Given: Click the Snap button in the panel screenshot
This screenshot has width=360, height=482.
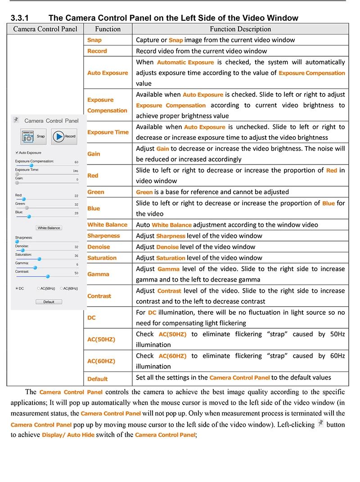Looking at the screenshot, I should [x=33, y=136].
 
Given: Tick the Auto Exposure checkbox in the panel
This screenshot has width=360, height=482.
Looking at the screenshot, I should [x=17, y=153].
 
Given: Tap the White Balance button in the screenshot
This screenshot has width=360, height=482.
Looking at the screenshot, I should [x=49, y=228].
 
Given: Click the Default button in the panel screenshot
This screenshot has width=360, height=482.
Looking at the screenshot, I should [x=49, y=302].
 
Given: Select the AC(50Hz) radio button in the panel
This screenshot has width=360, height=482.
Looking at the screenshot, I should [x=39, y=289].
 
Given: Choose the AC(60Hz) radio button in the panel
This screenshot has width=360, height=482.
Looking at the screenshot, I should [x=61, y=289].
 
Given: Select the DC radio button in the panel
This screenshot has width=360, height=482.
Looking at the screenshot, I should [x=17, y=289].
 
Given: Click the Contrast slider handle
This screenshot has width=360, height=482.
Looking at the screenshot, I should [x=48, y=276].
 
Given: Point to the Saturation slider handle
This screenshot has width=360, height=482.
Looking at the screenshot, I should [x=39, y=259].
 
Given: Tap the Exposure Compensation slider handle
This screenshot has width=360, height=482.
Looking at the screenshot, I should [x=31, y=165].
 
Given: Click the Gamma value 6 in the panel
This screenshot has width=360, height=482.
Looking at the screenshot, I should [x=77, y=264].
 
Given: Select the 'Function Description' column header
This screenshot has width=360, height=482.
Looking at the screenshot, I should [x=240, y=29].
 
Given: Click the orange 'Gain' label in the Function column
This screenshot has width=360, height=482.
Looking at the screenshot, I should [x=94, y=154].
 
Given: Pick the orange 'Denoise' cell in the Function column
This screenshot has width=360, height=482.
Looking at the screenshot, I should [x=99, y=247].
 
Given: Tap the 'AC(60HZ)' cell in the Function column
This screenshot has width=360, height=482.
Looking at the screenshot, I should [x=101, y=361].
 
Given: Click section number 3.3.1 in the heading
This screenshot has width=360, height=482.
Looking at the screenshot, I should [x=20, y=18].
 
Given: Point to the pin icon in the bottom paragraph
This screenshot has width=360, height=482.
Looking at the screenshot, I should [x=320, y=423].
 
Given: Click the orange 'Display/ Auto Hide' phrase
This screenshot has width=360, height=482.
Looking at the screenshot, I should [x=68, y=435].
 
